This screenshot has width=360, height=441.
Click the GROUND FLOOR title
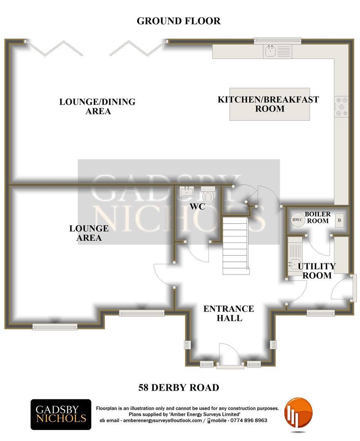(x=179, y=21)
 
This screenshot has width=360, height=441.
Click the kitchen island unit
(x=270, y=105)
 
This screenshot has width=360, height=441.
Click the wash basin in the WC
(x=187, y=191)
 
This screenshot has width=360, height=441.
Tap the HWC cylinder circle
(x=297, y=220)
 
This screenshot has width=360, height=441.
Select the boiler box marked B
(x=340, y=220)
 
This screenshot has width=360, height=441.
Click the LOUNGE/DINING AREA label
(x=97, y=106)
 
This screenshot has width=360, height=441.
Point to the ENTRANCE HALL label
(x=229, y=313)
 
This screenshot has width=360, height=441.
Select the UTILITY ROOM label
(x=317, y=271)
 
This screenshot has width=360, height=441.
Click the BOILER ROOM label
(x=318, y=217)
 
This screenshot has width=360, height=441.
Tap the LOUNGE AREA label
(x=89, y=233)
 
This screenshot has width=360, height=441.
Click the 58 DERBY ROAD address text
(x=179, y=388)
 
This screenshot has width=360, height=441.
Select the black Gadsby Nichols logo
(x=61, y=414)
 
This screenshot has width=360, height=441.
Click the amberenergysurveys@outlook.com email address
(x=162, y=421)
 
